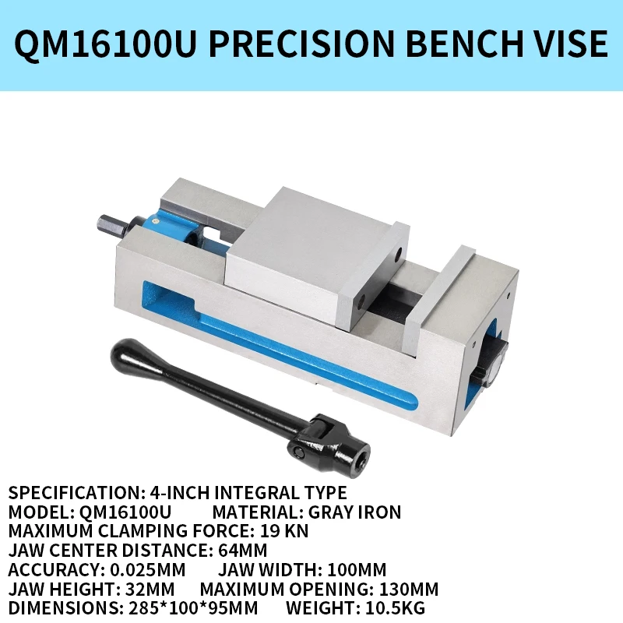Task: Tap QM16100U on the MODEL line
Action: [128, 512]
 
